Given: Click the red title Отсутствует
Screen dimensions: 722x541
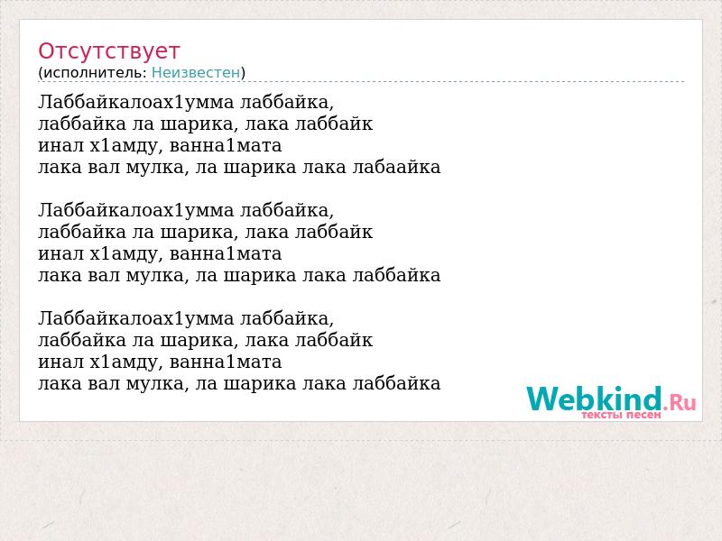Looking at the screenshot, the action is coord(108,51).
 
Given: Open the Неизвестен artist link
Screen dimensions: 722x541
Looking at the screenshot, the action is coord(196,73).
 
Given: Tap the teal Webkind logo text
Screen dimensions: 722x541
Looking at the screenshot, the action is coord(594,399).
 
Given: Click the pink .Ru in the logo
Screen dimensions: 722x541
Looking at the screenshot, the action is coord(680,402).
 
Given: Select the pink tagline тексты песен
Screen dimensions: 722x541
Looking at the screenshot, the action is coord(621,415).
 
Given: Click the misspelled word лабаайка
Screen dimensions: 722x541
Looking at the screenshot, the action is coord(396,167).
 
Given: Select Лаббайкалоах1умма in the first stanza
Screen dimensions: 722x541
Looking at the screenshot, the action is coord(136,102).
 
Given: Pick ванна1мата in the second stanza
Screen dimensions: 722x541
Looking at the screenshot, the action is coord(226,253).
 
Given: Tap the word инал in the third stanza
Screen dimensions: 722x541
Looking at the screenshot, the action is coord(60,362).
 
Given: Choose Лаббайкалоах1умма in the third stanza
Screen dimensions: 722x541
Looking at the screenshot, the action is coord(136,318).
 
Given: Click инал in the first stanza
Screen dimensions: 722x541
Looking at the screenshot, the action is coord(60,145).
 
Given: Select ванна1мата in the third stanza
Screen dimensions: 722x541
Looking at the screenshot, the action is coord(226,362).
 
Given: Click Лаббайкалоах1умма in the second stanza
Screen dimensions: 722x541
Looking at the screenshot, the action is coord(136,210).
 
